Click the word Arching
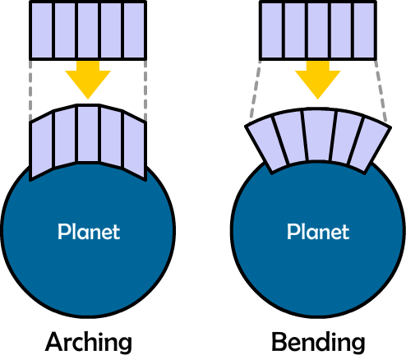(x=89, y=343)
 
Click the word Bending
(x=318, y=343)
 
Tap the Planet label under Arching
(x=89, y=232)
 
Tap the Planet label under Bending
(x=318, y=232)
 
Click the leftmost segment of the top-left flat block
(x=42, y=30)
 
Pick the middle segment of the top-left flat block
(x=88, y=30)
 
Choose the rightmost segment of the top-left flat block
(x=134, y=30)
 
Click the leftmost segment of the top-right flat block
(x=272, y=30)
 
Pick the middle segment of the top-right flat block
(x=318, y=30)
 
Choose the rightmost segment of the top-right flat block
(x=364, y=30)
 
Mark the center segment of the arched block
(x=88, y=134)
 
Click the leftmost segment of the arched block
(x=42, y=146)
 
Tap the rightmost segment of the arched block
(x=134, y=146)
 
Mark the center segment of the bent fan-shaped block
(x=318, y=136)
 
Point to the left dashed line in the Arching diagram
(x=30, y=90)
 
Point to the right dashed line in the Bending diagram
(x=381, y=91)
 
